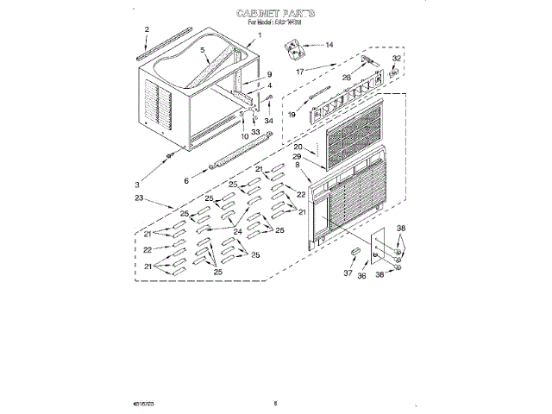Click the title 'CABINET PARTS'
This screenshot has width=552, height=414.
(x=276, y=15)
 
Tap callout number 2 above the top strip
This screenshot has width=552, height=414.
(x=147, y=30)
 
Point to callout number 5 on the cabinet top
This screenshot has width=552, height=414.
(x=204, y=51)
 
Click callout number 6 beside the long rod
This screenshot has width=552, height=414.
(x=185, y=180)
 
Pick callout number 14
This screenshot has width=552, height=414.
(x=329, y=44)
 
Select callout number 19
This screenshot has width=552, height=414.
(x=292, y=113)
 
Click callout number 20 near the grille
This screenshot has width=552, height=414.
(x=298, y=147)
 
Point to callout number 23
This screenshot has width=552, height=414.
(x=141, y=198)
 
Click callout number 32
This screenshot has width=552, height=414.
(x=397, y=59)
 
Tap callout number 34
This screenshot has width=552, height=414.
(x=268, y=121)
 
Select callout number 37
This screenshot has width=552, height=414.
(x=349, y=273)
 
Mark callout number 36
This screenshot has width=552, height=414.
(x=362, y=275)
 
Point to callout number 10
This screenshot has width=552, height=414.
(x=244, y=135)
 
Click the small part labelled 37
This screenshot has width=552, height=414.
(x=354, y=252)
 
